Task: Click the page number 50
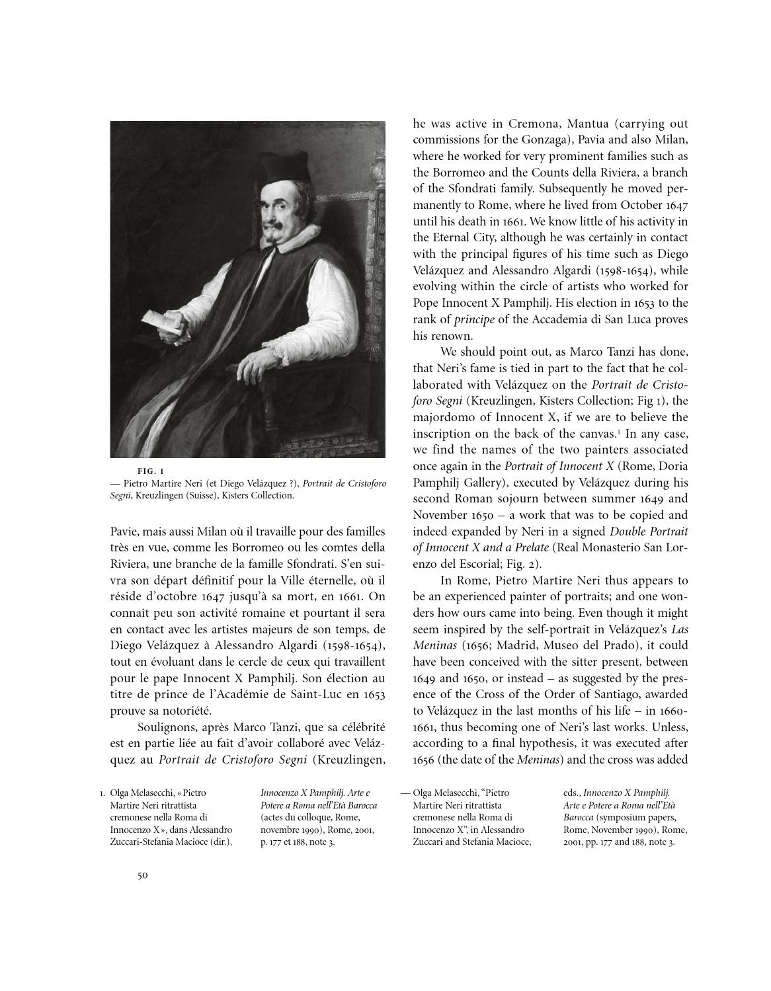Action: click(142, 875)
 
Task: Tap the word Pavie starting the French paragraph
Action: click(124, 532)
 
